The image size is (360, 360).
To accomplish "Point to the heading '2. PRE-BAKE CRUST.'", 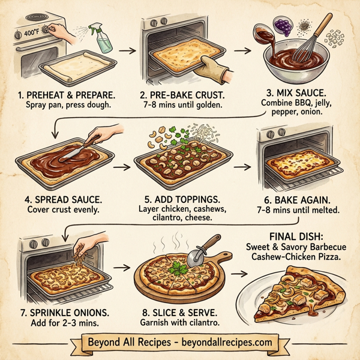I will click(182, 94).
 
